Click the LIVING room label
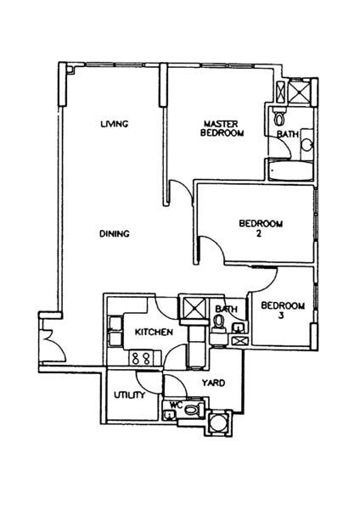[115, 124]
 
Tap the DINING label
[115, 233]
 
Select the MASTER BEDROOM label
[222, 128]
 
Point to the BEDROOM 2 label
[261, 228]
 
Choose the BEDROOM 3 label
[283, 310]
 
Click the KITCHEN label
[154, 332]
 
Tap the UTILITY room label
[129, 394]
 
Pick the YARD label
[213, 383]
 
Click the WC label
[176, 405]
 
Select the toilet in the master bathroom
[279, 117]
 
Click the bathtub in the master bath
[290, 171]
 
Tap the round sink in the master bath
[307, 144]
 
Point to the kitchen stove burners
[141, 358]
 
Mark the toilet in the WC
[194, 411]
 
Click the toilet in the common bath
[219, 323]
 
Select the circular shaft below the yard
[219, 423]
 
